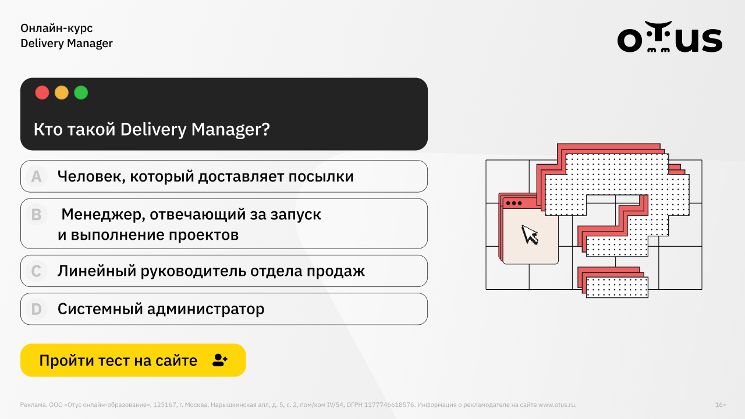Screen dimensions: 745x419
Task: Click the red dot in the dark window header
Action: pos(42,93)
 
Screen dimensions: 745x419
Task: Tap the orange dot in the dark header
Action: pos(62,93)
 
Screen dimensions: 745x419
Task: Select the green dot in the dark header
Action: pos(81,93)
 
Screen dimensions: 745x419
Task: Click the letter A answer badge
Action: pos(36,176)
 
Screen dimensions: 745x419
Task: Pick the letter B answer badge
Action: pos(36,215)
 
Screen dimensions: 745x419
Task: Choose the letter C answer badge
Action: pos(36,271)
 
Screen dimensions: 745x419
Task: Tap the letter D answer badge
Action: pos(36,309)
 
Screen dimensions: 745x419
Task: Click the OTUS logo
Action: pos(669,37)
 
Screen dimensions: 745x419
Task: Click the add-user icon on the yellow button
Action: pos(220,360)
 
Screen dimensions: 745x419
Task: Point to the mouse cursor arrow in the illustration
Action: pos(530,235)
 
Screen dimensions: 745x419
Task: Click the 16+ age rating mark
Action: pos(721,404)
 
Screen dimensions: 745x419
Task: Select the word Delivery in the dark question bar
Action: pos(153,129)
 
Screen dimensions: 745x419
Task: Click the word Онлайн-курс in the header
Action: pos(56,29)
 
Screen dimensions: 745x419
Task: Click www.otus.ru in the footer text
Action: pos(557,404)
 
